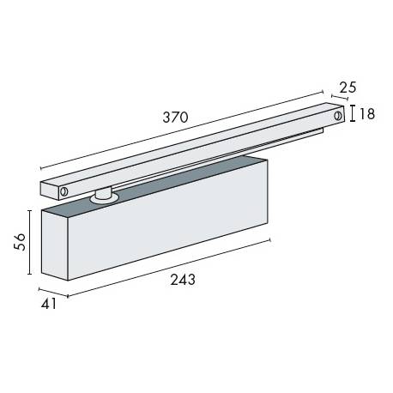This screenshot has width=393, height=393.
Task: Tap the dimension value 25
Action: [347, 87]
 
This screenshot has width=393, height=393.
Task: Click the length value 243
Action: [182, 280]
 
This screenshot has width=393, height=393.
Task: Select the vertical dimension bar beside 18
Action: [351, 114]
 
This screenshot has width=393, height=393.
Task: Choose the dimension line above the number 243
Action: [172, 268]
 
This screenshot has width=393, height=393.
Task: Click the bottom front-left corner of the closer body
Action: [68, 280]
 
